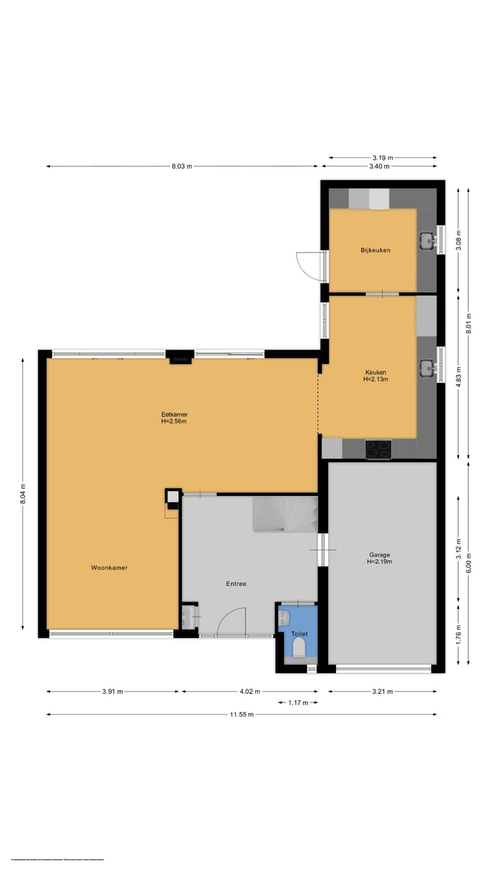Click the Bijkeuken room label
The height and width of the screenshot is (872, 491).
tap(376, 250)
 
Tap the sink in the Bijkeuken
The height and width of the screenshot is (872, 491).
tap(428, 239)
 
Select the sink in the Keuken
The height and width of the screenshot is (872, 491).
tap(428, 368)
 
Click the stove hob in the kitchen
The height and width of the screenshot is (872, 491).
tap(378, 449)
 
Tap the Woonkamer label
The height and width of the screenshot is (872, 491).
tap(110, 567)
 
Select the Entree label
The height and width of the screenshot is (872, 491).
tap(236, 584)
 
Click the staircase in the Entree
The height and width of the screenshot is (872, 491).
tap(285, 514)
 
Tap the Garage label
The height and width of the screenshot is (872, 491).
tap(379, 554)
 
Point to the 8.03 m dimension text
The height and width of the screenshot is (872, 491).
tap(181, 166)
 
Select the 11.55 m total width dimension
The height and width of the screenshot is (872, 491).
tap(242, 714)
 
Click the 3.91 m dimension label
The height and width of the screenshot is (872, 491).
tap(113, 691)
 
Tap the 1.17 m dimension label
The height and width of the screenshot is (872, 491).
tap(298, 702)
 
